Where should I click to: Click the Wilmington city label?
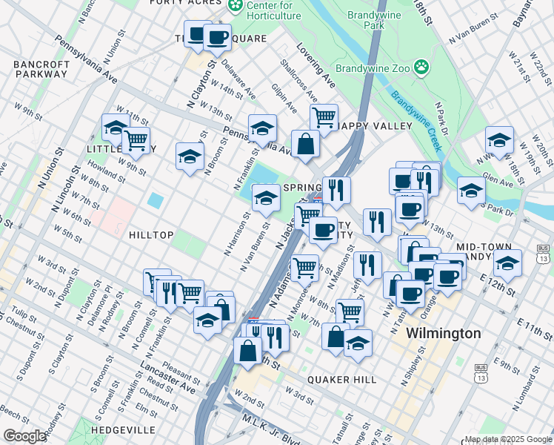443,334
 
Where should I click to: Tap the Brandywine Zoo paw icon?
421,67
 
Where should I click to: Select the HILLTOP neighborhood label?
151,235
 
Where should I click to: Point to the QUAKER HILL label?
343,380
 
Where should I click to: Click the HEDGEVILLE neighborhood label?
124,430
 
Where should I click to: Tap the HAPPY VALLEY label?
375,126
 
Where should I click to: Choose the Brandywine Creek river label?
416,122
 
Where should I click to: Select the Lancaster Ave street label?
167,378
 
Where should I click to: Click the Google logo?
24,436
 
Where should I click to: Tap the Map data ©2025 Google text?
507,439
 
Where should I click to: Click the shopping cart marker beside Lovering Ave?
324,117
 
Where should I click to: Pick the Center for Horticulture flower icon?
236,7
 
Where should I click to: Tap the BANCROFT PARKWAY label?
41,69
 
